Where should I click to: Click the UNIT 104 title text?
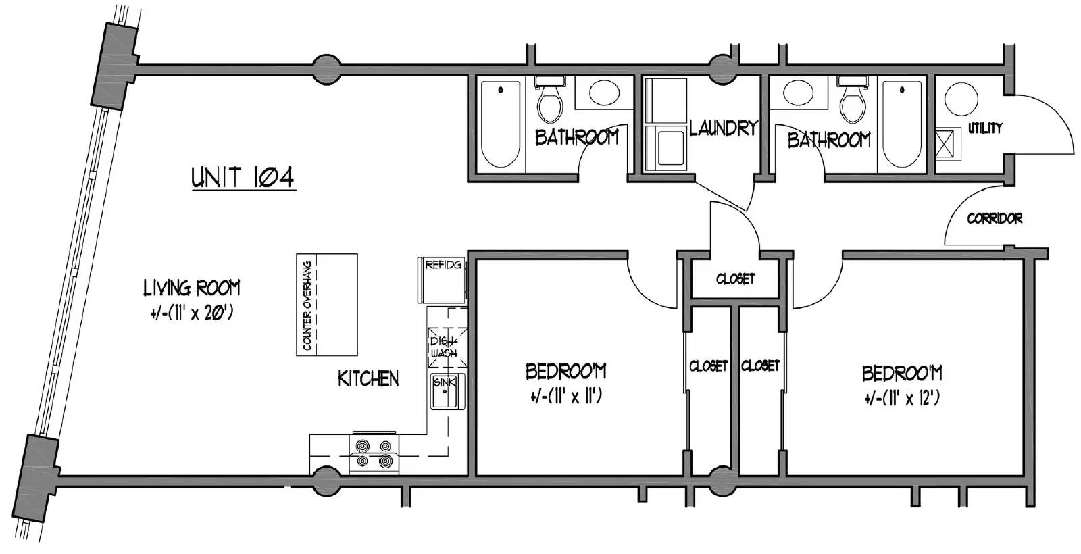[243, 178]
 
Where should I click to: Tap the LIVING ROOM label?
[192, 288]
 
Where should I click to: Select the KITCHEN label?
[368, 379]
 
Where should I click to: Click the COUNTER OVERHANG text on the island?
[307, 305]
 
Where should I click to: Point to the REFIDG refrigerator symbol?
[442, 280]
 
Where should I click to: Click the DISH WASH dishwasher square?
[447, 347]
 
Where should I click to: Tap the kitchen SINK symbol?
[447, 391]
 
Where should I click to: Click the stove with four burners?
[374, 453]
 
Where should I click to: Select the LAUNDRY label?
[723, 128]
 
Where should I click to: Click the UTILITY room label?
[985, 128]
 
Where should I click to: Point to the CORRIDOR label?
[995, 219]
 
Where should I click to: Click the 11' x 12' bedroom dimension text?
[902, 399]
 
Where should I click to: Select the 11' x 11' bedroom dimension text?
[565, 397]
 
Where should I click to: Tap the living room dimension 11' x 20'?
[192, 313]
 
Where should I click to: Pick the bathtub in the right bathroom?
[902, 124]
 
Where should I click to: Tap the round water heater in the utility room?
[961, 99]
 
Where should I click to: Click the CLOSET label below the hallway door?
[735, 279]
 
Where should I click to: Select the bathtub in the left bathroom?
[501, 124]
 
